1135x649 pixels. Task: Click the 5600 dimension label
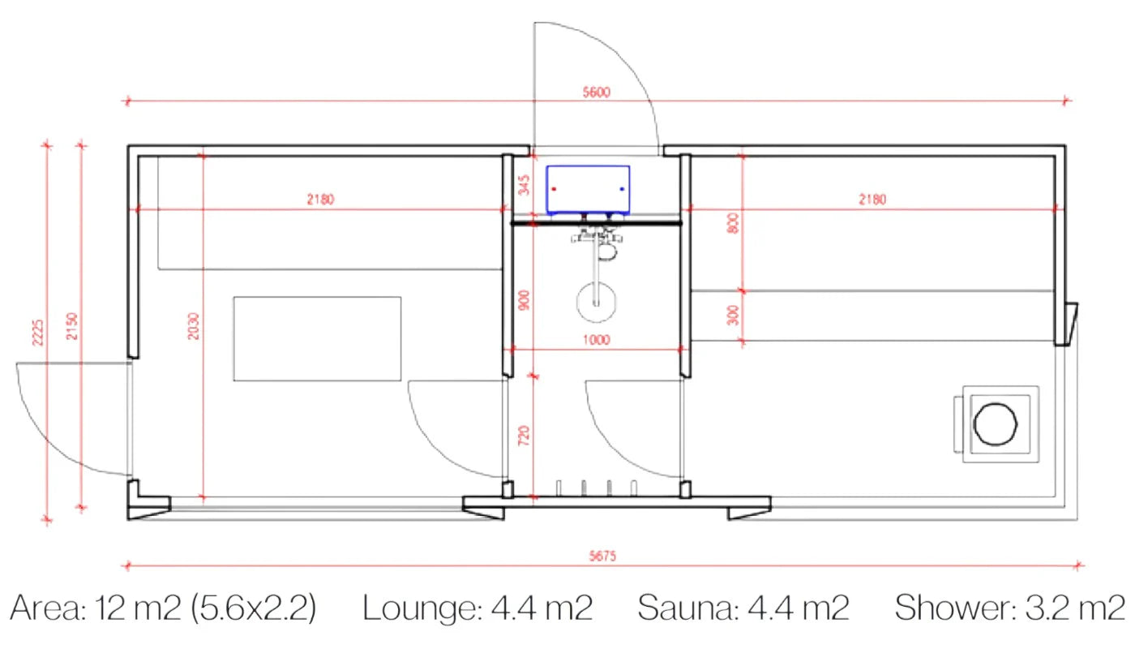tap(597, 92)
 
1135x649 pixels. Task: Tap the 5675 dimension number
tap(602, 557)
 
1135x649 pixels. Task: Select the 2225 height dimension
tap(38, 333)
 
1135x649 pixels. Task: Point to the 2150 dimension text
tap(72, 326)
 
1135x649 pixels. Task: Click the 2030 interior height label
tap(194, 326)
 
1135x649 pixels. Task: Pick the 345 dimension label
tap(525, 185)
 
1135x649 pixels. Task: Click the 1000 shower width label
tap(597, 340)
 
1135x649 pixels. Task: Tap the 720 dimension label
tap(524, 436)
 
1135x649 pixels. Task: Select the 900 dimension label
tap(525, 300)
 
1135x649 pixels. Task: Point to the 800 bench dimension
tap(733, 223)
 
